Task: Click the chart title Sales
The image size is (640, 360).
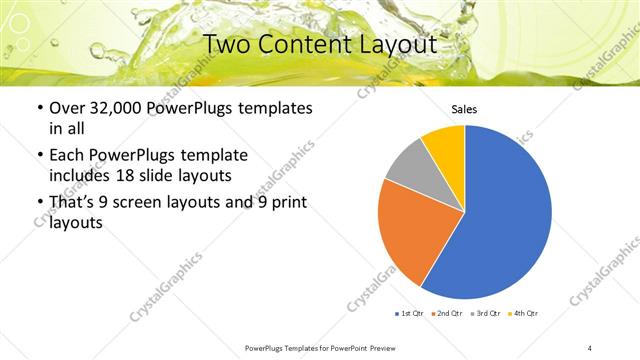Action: click(x=465, y=109)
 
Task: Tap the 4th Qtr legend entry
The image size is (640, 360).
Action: click(x=524, y=313)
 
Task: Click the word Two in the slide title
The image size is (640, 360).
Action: click(x=230, y=45)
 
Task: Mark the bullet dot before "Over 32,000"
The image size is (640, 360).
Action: click(x=39, y=108)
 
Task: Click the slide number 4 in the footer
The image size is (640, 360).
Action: click(x=590, y=348)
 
